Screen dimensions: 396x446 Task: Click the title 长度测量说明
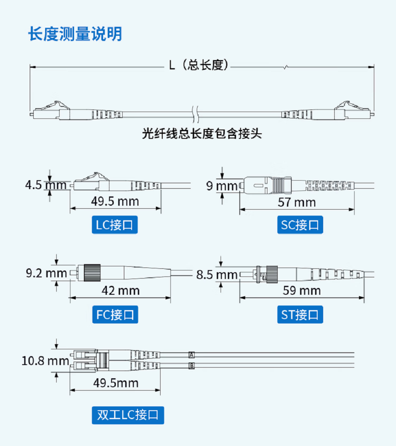coord(75,34)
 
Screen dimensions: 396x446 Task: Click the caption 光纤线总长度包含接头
coord(202,133)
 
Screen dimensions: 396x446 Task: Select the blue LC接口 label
coord(115,225)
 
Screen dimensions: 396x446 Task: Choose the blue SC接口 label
coord(300,225)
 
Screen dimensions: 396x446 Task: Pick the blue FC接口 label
coord(115,315)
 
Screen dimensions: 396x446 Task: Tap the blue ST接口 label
coord(300,315)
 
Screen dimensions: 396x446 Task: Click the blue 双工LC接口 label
coord(128,415)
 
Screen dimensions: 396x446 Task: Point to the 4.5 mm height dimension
coord(46,185)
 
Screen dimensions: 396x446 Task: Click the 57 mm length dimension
coord(297,202)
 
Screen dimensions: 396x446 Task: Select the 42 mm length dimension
coord(121,291)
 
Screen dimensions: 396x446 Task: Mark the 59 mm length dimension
coord(301,291)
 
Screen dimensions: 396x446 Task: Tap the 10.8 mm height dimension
coord(45,361)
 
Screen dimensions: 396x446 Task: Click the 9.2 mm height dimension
coord(46,273)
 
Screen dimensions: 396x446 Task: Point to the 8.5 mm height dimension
coord(217,275)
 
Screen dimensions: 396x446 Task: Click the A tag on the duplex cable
coord(192,355)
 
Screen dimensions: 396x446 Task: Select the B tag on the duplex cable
coord(192,366)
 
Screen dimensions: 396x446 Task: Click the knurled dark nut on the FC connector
coord(92,273)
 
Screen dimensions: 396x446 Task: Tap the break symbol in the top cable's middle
coord(195,114)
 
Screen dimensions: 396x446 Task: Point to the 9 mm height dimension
coord(222,186)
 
